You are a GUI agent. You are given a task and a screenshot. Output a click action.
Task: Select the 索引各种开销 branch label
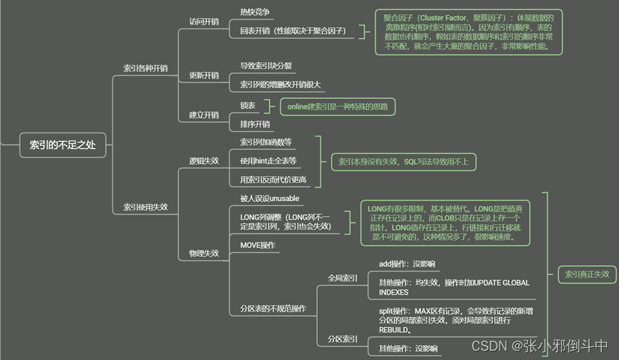pyautogui.click(x=145, y=68)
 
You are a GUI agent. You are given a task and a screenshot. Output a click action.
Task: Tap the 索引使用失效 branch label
pyautogui.click(x=145, y=207)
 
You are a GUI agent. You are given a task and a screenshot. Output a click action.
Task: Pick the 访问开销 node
pyautogui.click(x=204, y=21)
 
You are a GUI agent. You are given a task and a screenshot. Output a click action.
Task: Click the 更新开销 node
pyautogui.click(x=204, y=75)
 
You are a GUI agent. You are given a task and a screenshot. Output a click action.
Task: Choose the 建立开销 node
pyautogui.click(x=204, y=115)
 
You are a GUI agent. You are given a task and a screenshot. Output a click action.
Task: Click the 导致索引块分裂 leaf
pyautogui.click(x=265, y=66)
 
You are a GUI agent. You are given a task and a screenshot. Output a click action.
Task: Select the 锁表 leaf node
pyautogui.click(x=248, y=105)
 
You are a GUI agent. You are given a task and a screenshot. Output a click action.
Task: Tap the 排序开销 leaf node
pyautogui.click(x=255, y=125)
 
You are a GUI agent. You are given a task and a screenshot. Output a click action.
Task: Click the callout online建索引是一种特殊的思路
pyautogui.click(x=337, y=107)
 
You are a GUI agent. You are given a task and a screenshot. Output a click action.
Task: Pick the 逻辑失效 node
pyautogui.click(x=204, y=161)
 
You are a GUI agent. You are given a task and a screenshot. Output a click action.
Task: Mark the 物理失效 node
pyautogui.click(x=204, y=253)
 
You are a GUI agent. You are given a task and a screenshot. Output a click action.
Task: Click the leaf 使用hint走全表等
pyautogui.click(x=268, y=160)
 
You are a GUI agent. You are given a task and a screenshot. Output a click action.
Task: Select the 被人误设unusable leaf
pyautogui.click(x=269, y=198)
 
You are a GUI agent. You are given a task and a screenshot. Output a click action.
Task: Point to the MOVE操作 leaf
pyautogui.click(x=258, y=245)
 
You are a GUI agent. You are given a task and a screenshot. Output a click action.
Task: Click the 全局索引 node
pyautogui.click(x=343, y=278)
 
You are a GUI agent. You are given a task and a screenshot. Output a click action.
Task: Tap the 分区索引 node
pyautogui.click(x=343, y=338)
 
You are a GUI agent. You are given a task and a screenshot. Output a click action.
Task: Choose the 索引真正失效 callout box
pyautogui.click(x=587, y=274)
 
